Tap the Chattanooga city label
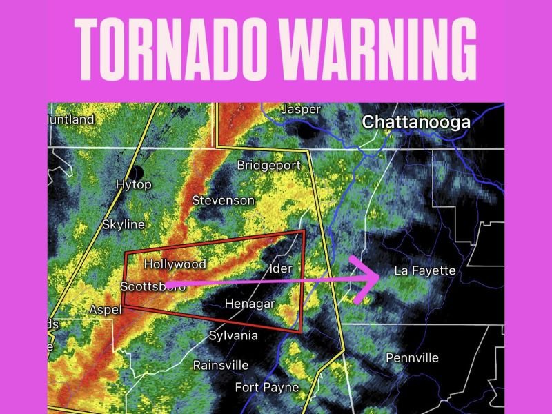416,122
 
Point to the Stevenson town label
223,200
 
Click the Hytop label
134,185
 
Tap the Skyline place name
124,224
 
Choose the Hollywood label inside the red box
175,264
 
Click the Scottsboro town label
152,286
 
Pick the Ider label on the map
282,268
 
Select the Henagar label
250,304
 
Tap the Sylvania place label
233,336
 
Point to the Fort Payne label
267,387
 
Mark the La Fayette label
424,270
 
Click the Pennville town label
411,358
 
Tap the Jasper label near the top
301,110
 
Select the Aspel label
106,310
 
